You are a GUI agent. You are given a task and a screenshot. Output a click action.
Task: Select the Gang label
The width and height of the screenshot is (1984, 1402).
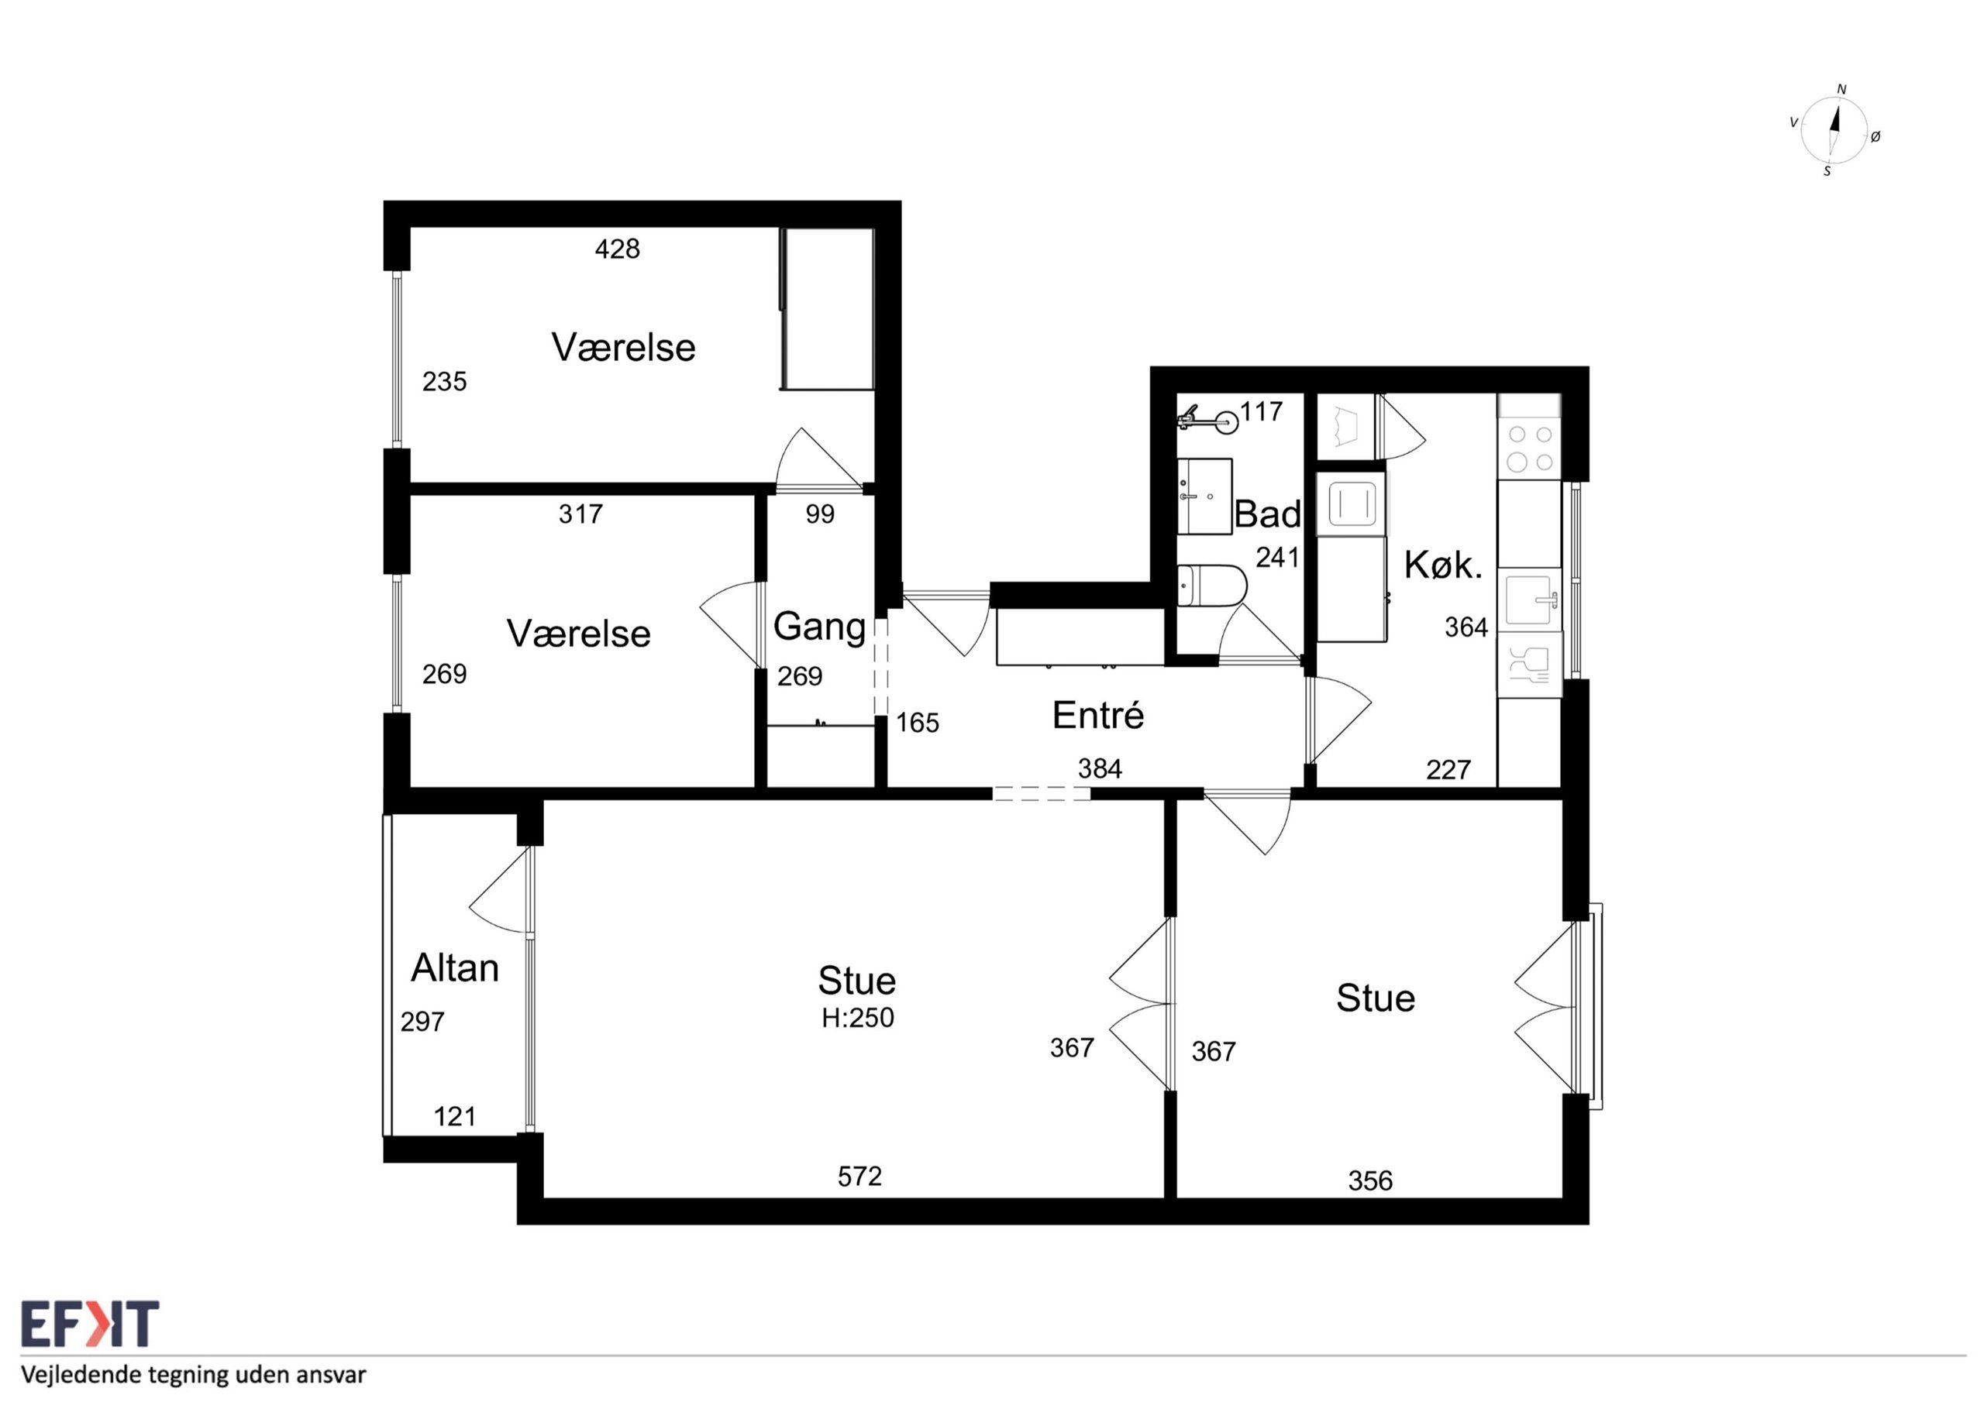coord(819,628)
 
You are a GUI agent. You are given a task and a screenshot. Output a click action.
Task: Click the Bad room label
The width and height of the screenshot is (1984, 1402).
coord(1267,514)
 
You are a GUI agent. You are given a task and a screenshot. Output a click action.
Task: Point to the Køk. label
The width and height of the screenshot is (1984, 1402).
coord(1443,565)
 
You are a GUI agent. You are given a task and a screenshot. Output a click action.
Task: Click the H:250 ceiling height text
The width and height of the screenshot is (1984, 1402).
coord(857,1019)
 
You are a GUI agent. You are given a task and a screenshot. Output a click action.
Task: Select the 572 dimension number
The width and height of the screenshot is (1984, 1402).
coord(859,1176)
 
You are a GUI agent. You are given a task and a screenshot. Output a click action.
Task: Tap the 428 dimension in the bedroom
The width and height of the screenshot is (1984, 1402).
coord(618,249)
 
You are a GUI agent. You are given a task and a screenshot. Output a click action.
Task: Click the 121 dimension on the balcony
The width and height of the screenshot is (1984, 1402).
coord(454,1117)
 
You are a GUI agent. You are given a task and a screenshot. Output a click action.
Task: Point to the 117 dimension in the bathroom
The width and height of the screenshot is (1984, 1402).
coord(1262,412)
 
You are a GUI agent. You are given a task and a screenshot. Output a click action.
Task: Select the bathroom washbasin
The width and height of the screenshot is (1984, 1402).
coord(1204,497)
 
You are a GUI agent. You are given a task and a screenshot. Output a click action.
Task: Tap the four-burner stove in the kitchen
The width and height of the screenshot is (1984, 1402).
coord(1530,448)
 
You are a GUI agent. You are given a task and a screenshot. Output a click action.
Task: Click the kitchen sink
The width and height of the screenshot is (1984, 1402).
coord(1531,600)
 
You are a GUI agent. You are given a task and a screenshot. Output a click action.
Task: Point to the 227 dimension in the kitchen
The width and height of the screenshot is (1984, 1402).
coord(1448,769)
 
